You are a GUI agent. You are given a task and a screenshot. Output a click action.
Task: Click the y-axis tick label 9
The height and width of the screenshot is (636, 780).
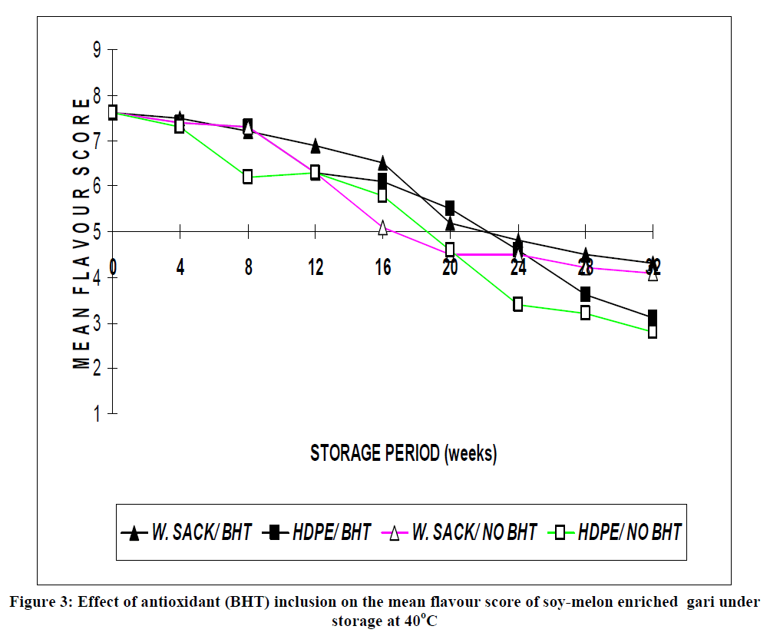(x=97, y=51)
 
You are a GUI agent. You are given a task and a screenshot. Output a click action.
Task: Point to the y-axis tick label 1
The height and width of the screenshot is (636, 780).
(x=97, y=415)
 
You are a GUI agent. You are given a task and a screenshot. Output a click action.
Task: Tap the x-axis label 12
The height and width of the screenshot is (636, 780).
(x=315, y=267)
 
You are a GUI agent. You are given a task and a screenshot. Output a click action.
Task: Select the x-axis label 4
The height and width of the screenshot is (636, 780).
(x=180, y=267)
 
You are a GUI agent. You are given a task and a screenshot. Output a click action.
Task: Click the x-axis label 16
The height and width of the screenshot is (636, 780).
(x=382, y=267)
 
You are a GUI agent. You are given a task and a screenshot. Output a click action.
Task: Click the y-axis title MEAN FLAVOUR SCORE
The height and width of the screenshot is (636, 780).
(x=82, y=234)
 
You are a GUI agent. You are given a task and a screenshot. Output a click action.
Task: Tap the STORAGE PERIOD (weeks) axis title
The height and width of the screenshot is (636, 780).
(x=403, y=453)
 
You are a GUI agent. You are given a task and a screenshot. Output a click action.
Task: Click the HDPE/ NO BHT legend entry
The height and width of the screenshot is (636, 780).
(x=619, y=532)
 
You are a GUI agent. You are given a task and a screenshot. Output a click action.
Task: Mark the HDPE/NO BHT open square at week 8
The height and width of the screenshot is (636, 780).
(x=247, y=177)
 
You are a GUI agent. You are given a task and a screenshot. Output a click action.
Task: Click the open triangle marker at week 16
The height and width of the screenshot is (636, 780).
(x=382, y=227)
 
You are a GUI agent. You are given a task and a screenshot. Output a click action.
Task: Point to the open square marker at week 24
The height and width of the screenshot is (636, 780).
(x=518, y=304)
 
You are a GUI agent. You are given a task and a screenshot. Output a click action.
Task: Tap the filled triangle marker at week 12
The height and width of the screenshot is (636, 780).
(x=315, y=146)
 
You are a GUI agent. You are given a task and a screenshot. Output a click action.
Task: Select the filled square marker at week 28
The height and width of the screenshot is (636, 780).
(x=585, y=294)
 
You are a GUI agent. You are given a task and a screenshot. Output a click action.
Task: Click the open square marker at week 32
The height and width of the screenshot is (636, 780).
(x=653, y=332)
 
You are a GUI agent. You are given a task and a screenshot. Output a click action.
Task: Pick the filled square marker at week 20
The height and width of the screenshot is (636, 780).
(x=450, y=208)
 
